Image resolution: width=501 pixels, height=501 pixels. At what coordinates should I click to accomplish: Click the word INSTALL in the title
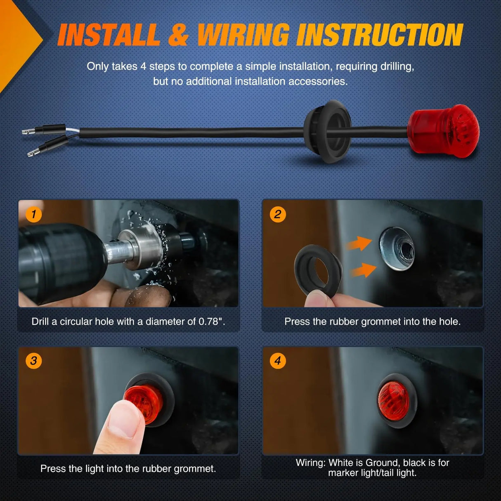click(109, 35)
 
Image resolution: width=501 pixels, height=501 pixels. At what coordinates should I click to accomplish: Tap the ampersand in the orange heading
click(178, 35)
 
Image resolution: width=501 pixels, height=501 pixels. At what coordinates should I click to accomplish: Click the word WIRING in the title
click(243, 35)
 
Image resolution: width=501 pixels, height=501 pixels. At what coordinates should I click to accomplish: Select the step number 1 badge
click(33, 214)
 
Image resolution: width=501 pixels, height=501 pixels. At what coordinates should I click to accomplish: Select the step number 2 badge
click(278, 214)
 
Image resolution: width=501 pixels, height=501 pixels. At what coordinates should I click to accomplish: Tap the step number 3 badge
click(33, 361)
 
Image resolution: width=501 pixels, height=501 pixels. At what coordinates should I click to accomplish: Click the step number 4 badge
click(278, 361)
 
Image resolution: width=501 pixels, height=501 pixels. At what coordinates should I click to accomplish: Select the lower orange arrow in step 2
click(363, 271)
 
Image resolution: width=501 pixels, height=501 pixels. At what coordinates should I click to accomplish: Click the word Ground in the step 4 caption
click(383, 463)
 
